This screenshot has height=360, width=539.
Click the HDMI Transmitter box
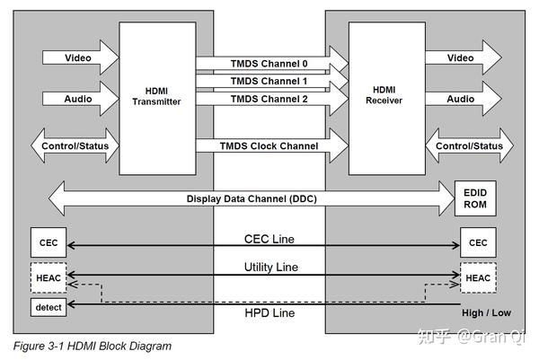pyautogui.click(x=157, y=99)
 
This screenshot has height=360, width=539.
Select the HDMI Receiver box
pyautogui.click(x=387, y=99)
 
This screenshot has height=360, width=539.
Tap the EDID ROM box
pyautogui.click(x=475, y=198)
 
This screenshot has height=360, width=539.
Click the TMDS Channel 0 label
pyautogui.click(x=269, y=64)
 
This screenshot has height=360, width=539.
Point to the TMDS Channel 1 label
pyautogui.click(x=269, y=81)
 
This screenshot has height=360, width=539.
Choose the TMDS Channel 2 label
pyautogui.click(x=269, y=99)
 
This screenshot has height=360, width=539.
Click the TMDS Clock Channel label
pyautogui.click(x=269, y=146)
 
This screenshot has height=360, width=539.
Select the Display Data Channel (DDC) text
pyautogui.click(x=252, y=199)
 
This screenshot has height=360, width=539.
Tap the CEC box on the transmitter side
pyautogui.click(x=49, y=242)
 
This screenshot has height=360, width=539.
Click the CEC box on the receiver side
pyautogui.click(x=478, y=242)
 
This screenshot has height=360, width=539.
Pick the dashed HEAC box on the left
pyautogui.click(x=49, y=278)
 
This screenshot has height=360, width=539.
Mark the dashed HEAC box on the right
pyautogui.click(x=478, y=278)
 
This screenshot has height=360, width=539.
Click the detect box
pyautogui.click(x=49, y=307)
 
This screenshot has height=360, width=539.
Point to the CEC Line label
pyautogui.click(x=269, y=239)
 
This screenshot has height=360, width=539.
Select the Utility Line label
pyautogui.click(x=271, y=268)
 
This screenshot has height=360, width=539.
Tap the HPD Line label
pyautogui.click(x=269, y=313)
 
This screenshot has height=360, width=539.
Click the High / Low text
pyautogui.click(x=486, y=313)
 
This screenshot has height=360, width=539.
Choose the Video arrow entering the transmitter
pyautogui.click(x=81, y=57)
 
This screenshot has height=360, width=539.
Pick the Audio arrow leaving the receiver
pyautogui.click(x=464, y=99)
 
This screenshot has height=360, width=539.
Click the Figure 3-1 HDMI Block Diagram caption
pyautogui.click(x=93, y=346)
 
